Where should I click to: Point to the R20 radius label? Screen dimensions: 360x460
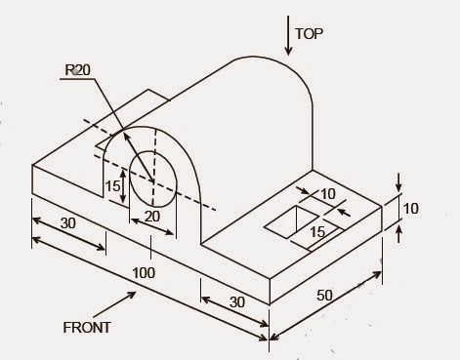click(x=79, y=70)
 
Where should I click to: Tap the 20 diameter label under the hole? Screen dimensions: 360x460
click(x=151, y=217)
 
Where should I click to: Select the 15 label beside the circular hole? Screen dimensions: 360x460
click(x=113, y=185)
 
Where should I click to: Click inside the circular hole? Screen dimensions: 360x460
click(x=155, y=177)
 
